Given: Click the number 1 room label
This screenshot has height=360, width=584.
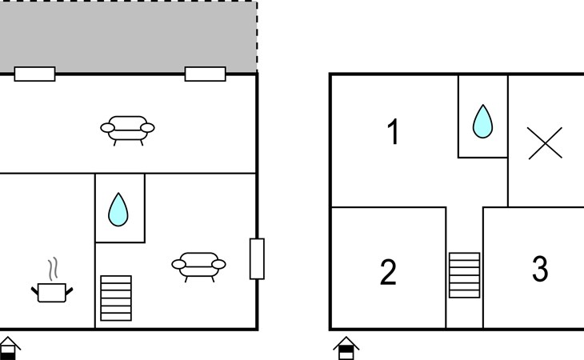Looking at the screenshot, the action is click(394, 131).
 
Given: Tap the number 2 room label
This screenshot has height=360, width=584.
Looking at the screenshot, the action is click(388, 272).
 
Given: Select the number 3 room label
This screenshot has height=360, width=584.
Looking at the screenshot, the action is click(540, 269).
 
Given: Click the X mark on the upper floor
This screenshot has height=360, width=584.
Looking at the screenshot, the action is click(545, 143).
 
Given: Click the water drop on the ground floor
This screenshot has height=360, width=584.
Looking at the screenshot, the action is click(118, 210).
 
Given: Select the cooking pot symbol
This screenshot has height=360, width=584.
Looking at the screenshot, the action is click(52, 293).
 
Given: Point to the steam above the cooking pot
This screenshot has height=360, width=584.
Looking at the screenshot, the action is click(54, 269).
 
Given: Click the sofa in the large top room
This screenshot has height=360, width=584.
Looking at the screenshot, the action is click(127, 130).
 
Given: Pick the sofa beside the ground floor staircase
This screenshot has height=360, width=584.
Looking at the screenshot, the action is click(198, 267).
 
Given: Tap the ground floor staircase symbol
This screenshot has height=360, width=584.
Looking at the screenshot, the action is click(116, 298).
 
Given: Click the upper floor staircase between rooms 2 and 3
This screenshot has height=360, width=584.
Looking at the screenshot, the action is click(465, 275).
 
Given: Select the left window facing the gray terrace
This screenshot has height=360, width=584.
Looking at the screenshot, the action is click(34, 74).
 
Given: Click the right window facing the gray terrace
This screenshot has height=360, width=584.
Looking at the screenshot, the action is click(206, 74).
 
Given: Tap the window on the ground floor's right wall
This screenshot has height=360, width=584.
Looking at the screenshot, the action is click(257, 258).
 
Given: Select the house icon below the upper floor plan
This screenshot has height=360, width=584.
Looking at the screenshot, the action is click(346, 348).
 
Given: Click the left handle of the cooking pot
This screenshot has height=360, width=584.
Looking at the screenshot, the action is click(34, 290).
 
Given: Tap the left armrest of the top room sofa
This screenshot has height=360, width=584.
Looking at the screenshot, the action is click(107, 128).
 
